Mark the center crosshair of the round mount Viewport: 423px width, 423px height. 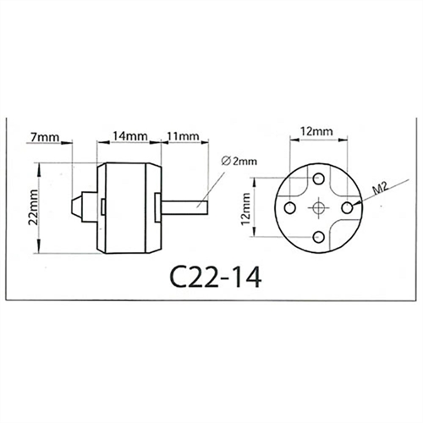pyautogui.click(x=319, y=207)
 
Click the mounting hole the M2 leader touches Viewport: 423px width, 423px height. pyautogui.click(x=348, y=207)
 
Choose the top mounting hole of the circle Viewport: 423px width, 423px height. pyautogui.click(x=319, y=179)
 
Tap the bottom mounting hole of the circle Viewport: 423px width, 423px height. pyautogui.click(x=319, y=236)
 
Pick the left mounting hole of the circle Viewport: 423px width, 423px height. pyautogui.click(x=290, y=207)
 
